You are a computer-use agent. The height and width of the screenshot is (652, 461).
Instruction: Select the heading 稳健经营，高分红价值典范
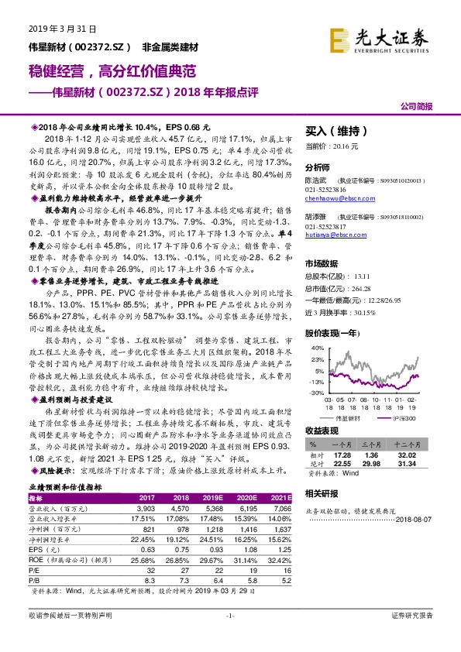pyautogui.click(x=113, y=71)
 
